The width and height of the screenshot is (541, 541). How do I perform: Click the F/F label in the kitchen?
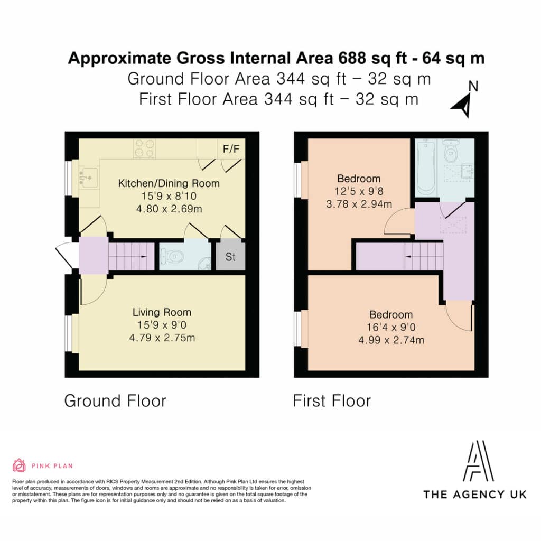point(231,149)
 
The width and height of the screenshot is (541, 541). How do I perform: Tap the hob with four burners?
point(144,148)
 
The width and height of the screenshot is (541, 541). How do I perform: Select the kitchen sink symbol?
point(89,178)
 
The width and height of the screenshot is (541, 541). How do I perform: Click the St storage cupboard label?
point(230,257)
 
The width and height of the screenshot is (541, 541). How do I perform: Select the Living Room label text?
point(162,312)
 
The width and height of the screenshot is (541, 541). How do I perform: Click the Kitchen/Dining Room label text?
point(169,183)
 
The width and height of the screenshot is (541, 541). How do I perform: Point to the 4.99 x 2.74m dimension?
point(391,340)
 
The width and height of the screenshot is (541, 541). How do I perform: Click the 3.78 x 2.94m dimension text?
point(359,204)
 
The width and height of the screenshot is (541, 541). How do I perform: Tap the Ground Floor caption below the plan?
point(115,401)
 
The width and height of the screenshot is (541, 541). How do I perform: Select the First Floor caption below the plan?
point(332,401)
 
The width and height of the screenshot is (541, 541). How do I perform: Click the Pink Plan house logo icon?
point(19,465)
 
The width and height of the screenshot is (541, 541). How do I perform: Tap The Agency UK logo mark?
point(478,461)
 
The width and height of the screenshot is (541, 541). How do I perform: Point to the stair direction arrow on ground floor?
point(142,257)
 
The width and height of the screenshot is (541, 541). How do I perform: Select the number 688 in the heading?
point(352,58)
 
